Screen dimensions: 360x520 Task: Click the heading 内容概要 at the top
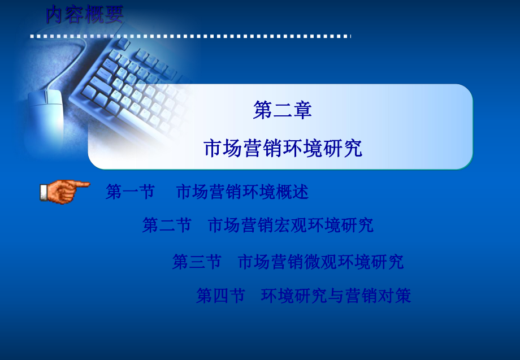click(x=84, y=14)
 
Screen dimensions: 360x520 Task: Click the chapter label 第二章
click(x=282, y=110)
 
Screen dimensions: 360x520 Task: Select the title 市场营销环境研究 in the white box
click(x=282, y=148)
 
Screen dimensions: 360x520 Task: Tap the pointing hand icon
click(x=63, y=191)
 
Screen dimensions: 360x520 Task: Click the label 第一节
click(x=130, y=192)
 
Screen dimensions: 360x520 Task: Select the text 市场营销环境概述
click(x=242, y=192)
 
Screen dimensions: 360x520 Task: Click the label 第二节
click(x=167, y=225)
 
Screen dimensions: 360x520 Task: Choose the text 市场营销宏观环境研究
click(x=291, y=225)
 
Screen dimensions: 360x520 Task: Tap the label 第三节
click(x=197, y=262)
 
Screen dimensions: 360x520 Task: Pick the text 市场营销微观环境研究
click(x=320, y=262)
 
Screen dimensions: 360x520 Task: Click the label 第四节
click(x=220, y=296)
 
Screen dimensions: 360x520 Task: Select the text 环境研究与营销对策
click(x=336, y=296)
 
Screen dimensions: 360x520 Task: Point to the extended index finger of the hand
click(x=83, y=184)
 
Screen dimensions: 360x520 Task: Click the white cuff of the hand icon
click(x=44, y=193)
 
